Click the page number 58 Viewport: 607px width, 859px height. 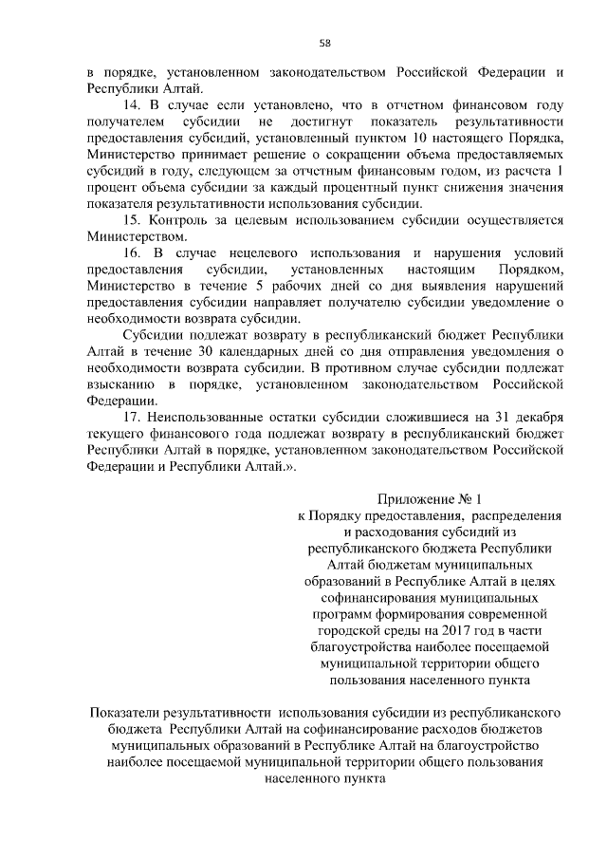click(x=324, y=43)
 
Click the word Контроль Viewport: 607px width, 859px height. click(x=186, y=220)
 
